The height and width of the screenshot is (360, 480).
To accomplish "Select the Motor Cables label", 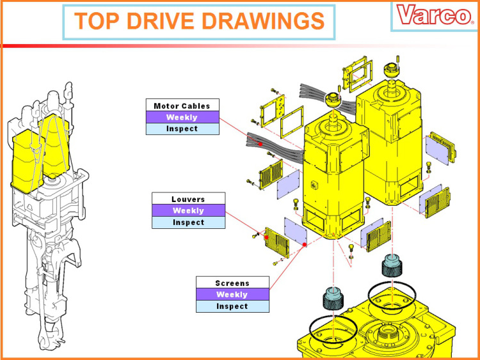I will [x=182, y=106].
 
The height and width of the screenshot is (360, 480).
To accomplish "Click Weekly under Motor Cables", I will [x=182, y=117].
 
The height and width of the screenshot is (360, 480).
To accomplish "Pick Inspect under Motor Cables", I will [x=182, y=129].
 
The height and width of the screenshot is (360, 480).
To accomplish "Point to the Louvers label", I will [x=188, y=199].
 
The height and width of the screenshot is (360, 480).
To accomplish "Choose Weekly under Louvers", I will [x=188, y=210].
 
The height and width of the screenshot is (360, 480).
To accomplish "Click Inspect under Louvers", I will [x=188, y=223].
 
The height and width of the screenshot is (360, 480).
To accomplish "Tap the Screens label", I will [x=232, y=283].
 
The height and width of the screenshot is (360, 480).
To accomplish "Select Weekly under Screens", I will [x=232, y=295].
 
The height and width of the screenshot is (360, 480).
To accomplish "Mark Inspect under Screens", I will [x=232, y=306].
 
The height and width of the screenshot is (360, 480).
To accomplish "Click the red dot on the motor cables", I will [x=261, y=145].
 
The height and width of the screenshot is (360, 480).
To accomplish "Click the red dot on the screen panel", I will [x=304, y=244].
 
